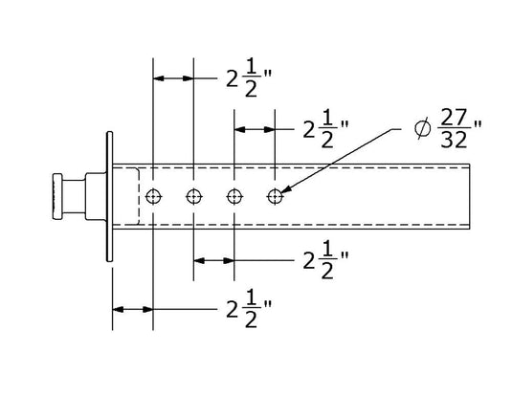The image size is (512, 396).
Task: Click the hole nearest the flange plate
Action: click(x=153, y=196)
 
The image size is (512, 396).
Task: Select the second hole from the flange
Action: click(x=194, y=196)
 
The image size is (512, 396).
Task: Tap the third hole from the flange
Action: click(x=234, y=196)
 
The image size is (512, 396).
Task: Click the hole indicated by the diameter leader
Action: click(x=276, y=196)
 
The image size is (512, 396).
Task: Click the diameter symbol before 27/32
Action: click(x=423, y=127)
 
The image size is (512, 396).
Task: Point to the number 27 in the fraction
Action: click(x=454, y=117)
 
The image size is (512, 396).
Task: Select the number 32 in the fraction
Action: click(x=454, y=139)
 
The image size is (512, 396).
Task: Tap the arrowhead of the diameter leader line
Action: click(x=285, y=191)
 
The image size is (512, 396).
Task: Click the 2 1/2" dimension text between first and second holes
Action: click(x=243, y=78)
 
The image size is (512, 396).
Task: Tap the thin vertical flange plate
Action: click(x=107, y=196)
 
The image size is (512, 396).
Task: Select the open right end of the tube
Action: click(x=472, y=196)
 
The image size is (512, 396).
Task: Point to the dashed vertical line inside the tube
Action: click(x=140, y=196)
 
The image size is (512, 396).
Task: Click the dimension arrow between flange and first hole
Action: click(x=132, y=309)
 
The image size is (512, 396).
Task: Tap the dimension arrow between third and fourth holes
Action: click(x=256, y=127)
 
